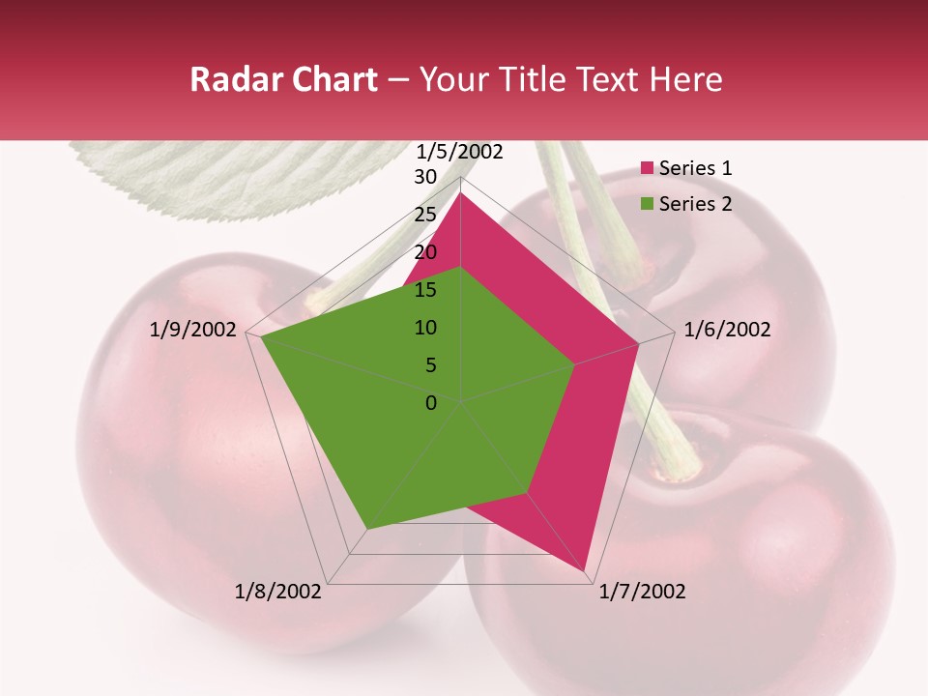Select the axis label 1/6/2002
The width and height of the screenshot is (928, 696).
coord(727,330)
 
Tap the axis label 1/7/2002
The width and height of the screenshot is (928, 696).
coord(642,592)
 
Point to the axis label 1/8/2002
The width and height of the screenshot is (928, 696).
coord(278,592)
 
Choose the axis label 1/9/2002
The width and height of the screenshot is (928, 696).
coord(193,330)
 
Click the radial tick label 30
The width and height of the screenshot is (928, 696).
coord(425,177)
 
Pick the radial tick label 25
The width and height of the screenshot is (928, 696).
coord(425,215)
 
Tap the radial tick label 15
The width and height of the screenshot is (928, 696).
coord(425,290)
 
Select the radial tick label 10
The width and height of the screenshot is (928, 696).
coord(425,328)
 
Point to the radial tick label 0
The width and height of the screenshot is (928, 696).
coord(431,403)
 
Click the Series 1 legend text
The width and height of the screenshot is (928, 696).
coord(695,168)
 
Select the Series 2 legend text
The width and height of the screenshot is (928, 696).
coord(695,204)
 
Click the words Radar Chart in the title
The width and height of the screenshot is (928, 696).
coord(283,80)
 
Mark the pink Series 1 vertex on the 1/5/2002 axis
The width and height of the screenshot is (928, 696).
coord(460,193)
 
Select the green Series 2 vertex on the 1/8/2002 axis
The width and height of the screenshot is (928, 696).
coord(366,530)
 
